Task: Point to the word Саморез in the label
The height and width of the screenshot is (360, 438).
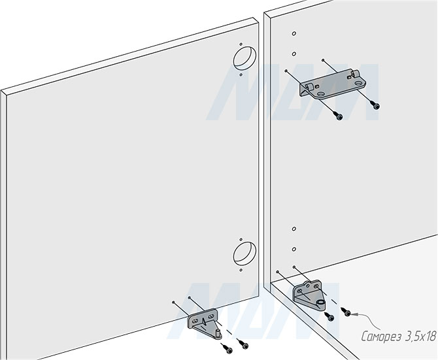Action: pyautogui.click(x=381, y=336)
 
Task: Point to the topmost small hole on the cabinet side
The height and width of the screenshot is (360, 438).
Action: pyautogui.click(x=295, y=33)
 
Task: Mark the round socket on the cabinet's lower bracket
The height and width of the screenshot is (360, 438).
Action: pyautogui.click(x=320, y=304)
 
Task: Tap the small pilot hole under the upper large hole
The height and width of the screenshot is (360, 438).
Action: pyautogui.click(x=241, y=76)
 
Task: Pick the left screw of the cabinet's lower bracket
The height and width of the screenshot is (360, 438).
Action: pyautogui.click(x=330, y=317)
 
